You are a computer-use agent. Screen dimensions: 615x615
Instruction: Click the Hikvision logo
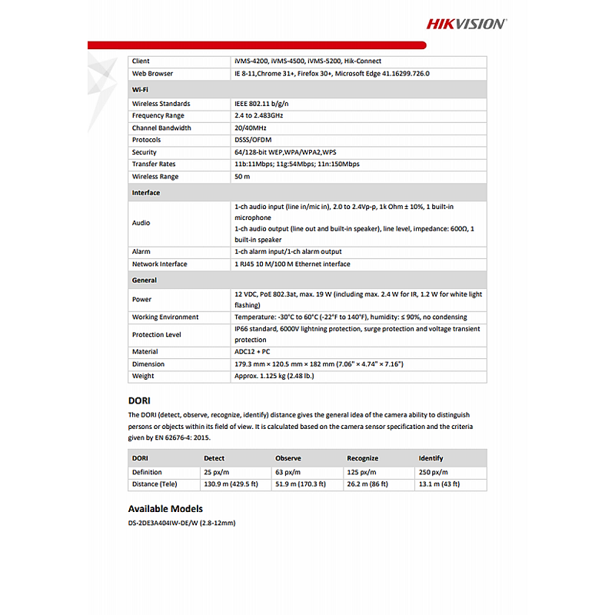pyautogui.click(x=467, y=23)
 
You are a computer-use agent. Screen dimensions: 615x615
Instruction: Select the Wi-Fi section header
pyautogui.click(x=140, y=89)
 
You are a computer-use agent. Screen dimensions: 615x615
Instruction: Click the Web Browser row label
pyautogui.click(x=152, y=74)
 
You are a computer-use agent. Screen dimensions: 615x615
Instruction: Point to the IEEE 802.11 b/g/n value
pyautogui.click(x=261, y=103)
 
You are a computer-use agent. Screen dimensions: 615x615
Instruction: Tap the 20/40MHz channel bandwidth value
pyautogui.click(x=251, y=128)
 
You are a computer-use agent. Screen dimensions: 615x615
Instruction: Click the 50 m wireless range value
pyautogui.click(x=242, y=177)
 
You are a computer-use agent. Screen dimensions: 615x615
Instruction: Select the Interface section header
pyautogui.click(x=146, y=193)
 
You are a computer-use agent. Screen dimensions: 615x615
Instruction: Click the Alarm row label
pyautogui.click(x=141, y=251)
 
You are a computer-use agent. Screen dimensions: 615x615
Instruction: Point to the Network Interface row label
pyautogui.click(x=159, y=264)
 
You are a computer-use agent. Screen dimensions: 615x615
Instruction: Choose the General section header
pyautogui.click(x=145, y=281)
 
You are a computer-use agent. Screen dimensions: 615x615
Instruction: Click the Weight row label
pyautogui.click(x=143, y=376)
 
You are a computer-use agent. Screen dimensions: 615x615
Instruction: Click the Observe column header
pyautogui.click(x=288, y=458)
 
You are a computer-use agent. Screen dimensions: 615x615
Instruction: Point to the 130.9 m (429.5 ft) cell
pyautogui.click(x=231, y=484)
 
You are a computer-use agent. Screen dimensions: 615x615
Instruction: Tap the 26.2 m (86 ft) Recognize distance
pyautogui.click(x=367, y=484)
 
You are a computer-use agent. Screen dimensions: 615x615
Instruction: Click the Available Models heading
pyautogui.click(x=165, y=509)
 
